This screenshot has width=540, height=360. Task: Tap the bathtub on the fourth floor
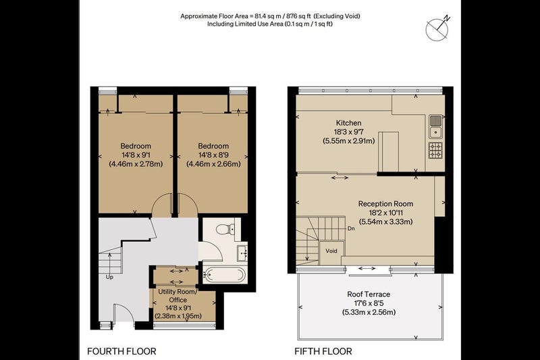pos(225,275)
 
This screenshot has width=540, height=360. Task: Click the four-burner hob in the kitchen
pos(435,150)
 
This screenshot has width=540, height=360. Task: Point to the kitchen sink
pos(435,126)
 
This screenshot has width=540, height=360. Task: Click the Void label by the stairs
pos(331,251)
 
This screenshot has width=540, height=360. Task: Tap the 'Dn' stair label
pos(351,228)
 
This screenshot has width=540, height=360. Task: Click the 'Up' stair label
pos(109,277)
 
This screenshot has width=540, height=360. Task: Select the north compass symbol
pos(437,28)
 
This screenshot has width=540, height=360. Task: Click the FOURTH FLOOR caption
pos(122,351)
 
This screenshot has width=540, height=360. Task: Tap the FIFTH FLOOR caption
pos(323,351)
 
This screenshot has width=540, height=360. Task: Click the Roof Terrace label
pos(369,294)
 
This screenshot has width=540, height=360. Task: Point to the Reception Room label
pos(385,203)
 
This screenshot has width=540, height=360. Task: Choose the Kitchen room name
pos(349,123)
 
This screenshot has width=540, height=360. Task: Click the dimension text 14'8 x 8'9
pos(213,155)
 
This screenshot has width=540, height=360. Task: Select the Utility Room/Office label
pos(178,296)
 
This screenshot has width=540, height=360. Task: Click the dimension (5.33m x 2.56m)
pos(369,313)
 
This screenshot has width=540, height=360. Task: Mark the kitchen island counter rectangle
pos(389,151)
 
